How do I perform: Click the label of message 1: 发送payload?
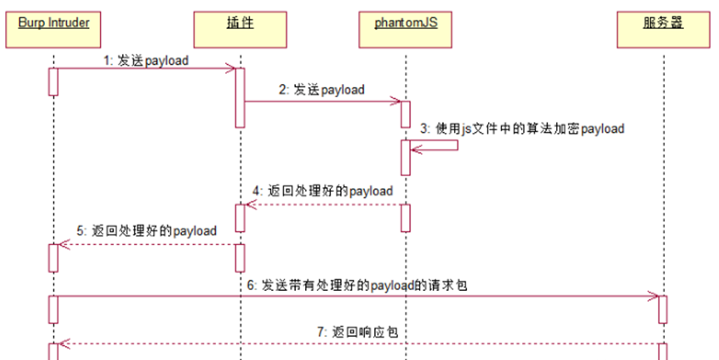145,61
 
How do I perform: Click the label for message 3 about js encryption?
521,129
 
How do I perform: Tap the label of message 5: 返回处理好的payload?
146,230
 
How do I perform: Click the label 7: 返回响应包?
357,332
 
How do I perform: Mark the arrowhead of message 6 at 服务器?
654,295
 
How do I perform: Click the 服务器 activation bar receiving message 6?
662,308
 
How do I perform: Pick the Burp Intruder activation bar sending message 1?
53,81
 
